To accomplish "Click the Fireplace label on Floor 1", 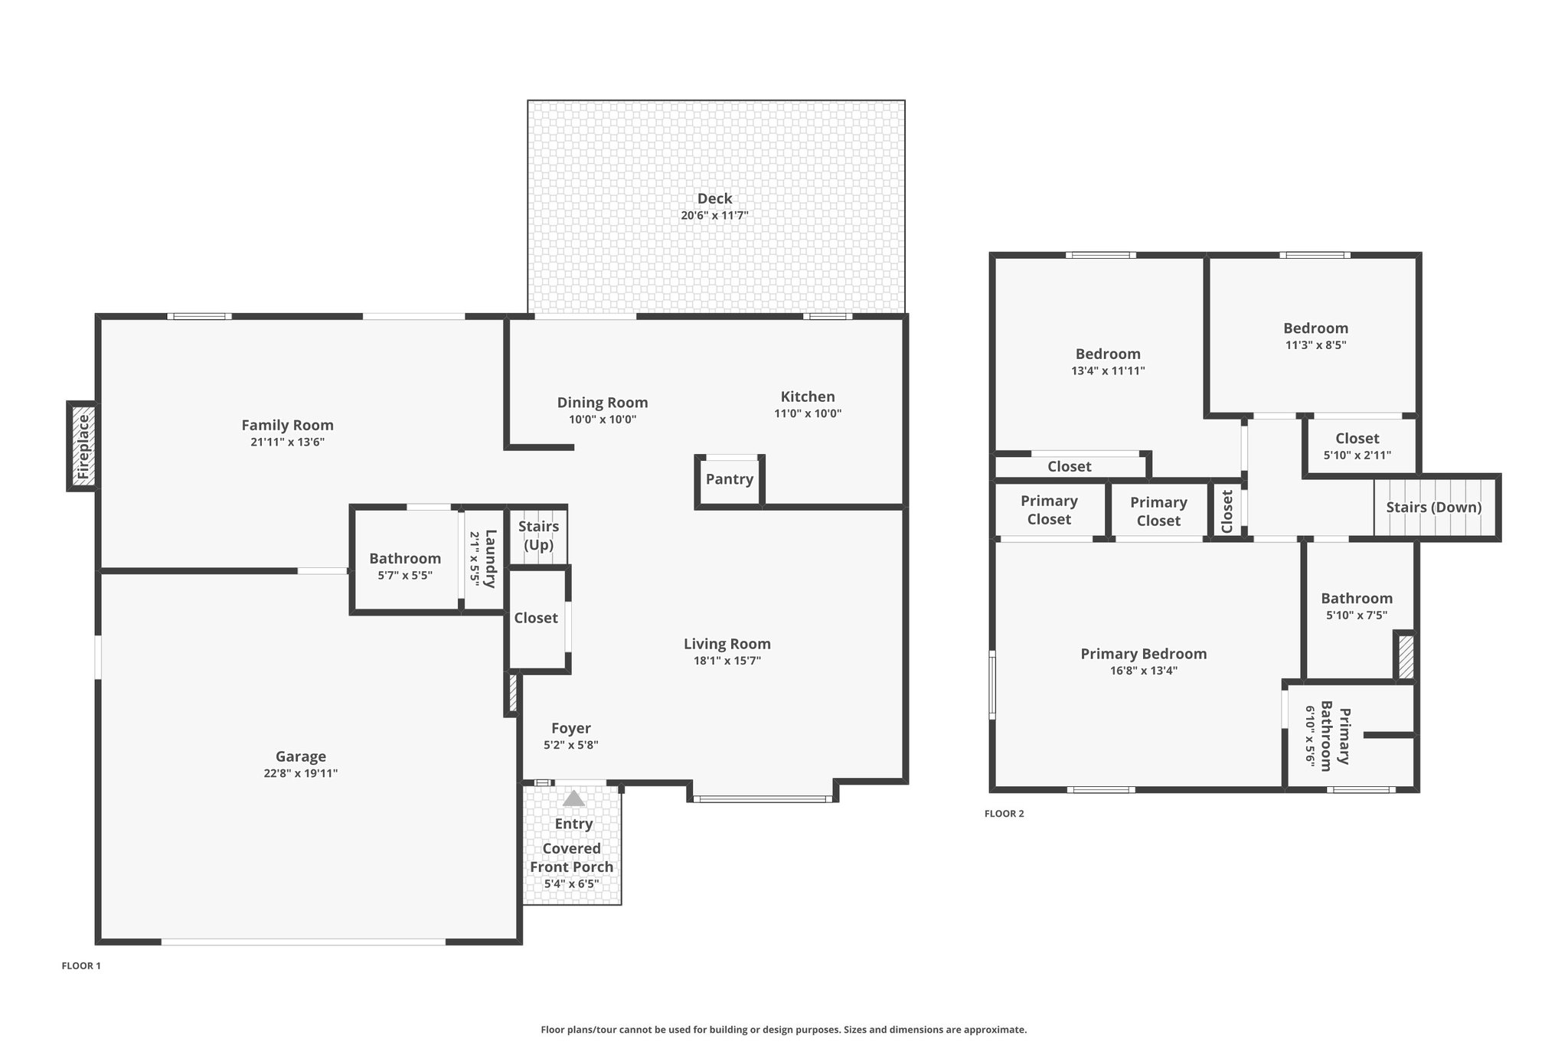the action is coord(83,446).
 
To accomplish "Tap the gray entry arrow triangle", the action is coord(573,798).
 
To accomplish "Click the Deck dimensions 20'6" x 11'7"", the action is coord(714,216).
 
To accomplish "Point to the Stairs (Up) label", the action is coord(538,536).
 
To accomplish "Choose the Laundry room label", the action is coord(491,558).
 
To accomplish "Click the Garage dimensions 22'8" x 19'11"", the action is coord(301,773).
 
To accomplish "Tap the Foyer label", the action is coord(571,729).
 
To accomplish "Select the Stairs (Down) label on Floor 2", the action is coord(1434,508).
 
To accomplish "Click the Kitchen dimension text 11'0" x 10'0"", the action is coord(808,413).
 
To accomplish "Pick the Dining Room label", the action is coord(603,403).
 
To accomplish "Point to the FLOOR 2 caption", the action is coord(1004,814).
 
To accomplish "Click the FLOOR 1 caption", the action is coord(81,966).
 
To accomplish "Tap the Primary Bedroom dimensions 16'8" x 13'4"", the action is coord(1144,671).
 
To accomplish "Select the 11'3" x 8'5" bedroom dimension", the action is coord(1316,345).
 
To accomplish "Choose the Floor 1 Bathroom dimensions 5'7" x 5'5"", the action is coord(405,576).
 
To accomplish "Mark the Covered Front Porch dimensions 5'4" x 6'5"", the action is coord(572,884).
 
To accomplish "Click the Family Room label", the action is coord(288,426).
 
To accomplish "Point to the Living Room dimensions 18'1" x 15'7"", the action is coord(727,661).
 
